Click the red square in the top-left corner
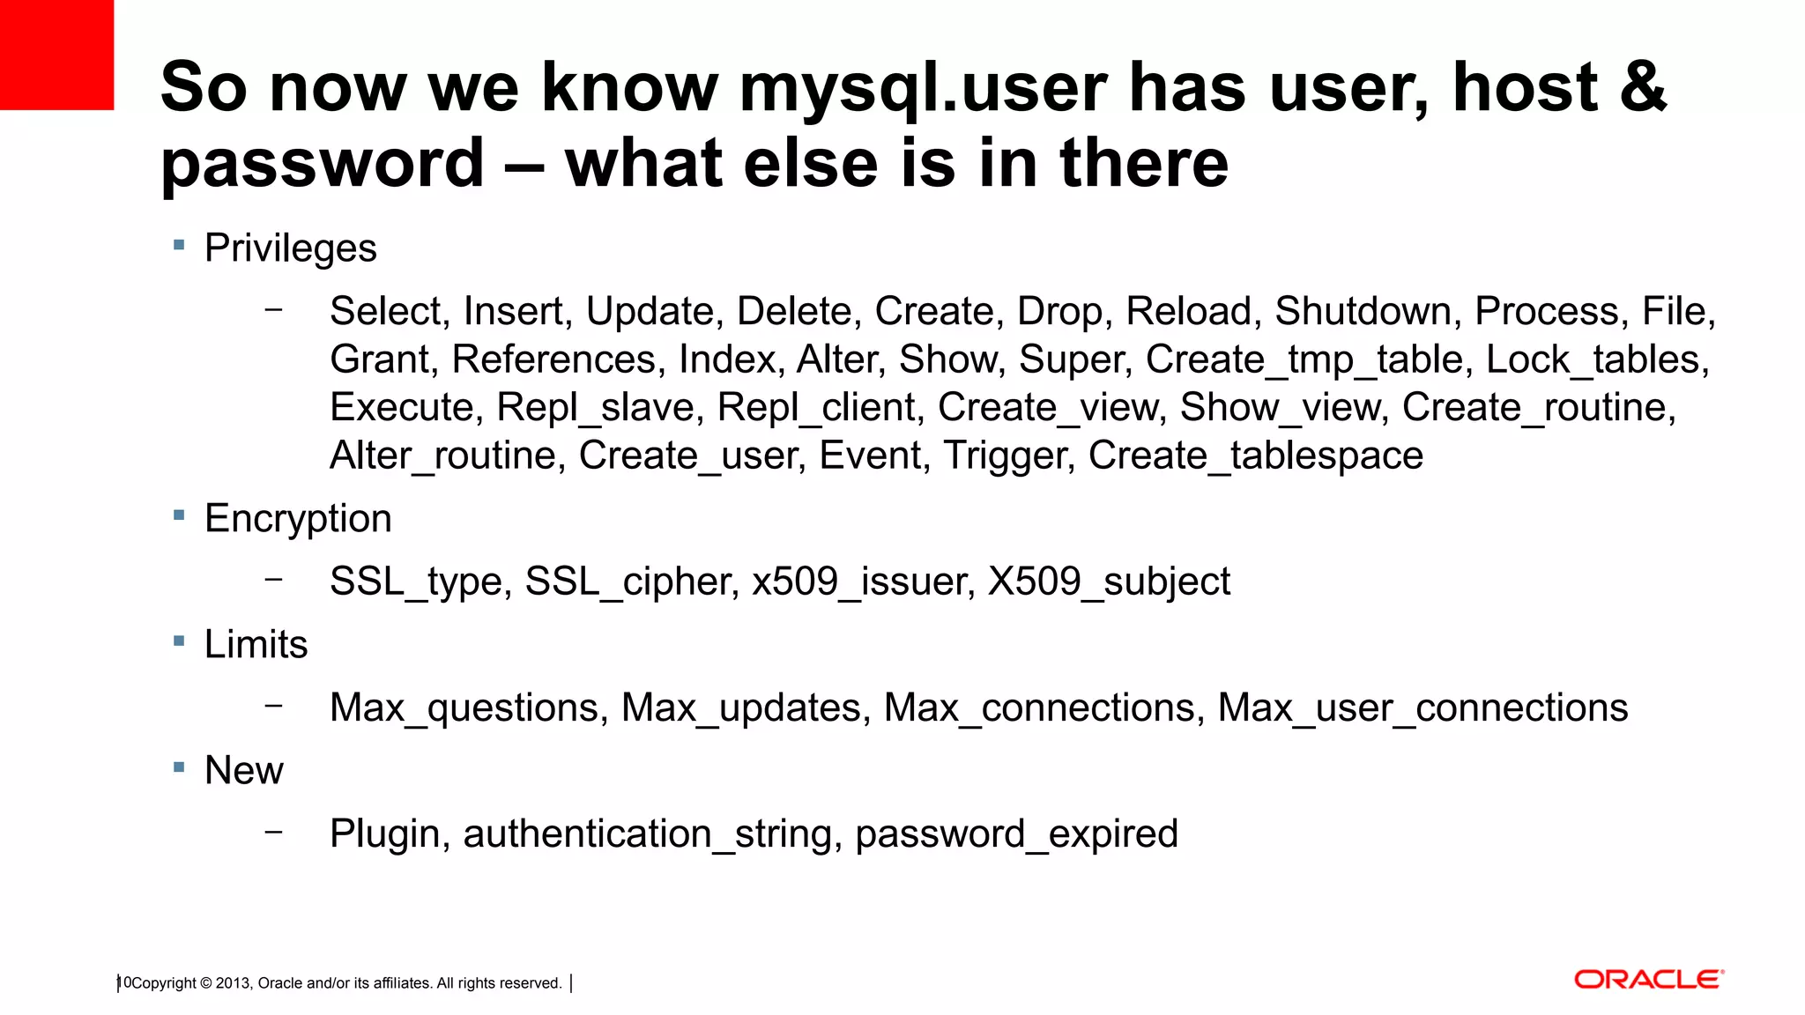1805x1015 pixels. [56, 55]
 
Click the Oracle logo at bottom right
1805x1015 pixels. [1648, 980]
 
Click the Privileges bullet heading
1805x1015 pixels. [290, 248]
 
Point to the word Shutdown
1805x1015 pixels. [1363, 311]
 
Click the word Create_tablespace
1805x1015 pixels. [1255, 456]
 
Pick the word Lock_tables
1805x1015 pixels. [1596, 359]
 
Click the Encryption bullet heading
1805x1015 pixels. [298, 518]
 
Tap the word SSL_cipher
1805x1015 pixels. [631, 582]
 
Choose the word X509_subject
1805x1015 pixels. [1109, 582]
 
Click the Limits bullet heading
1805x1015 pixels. [256, 644]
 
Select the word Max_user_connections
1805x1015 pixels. [1422, 708]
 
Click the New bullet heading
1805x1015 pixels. [243, 770]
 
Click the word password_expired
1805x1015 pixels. [1016, 833]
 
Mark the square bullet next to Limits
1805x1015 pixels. [179, 641]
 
